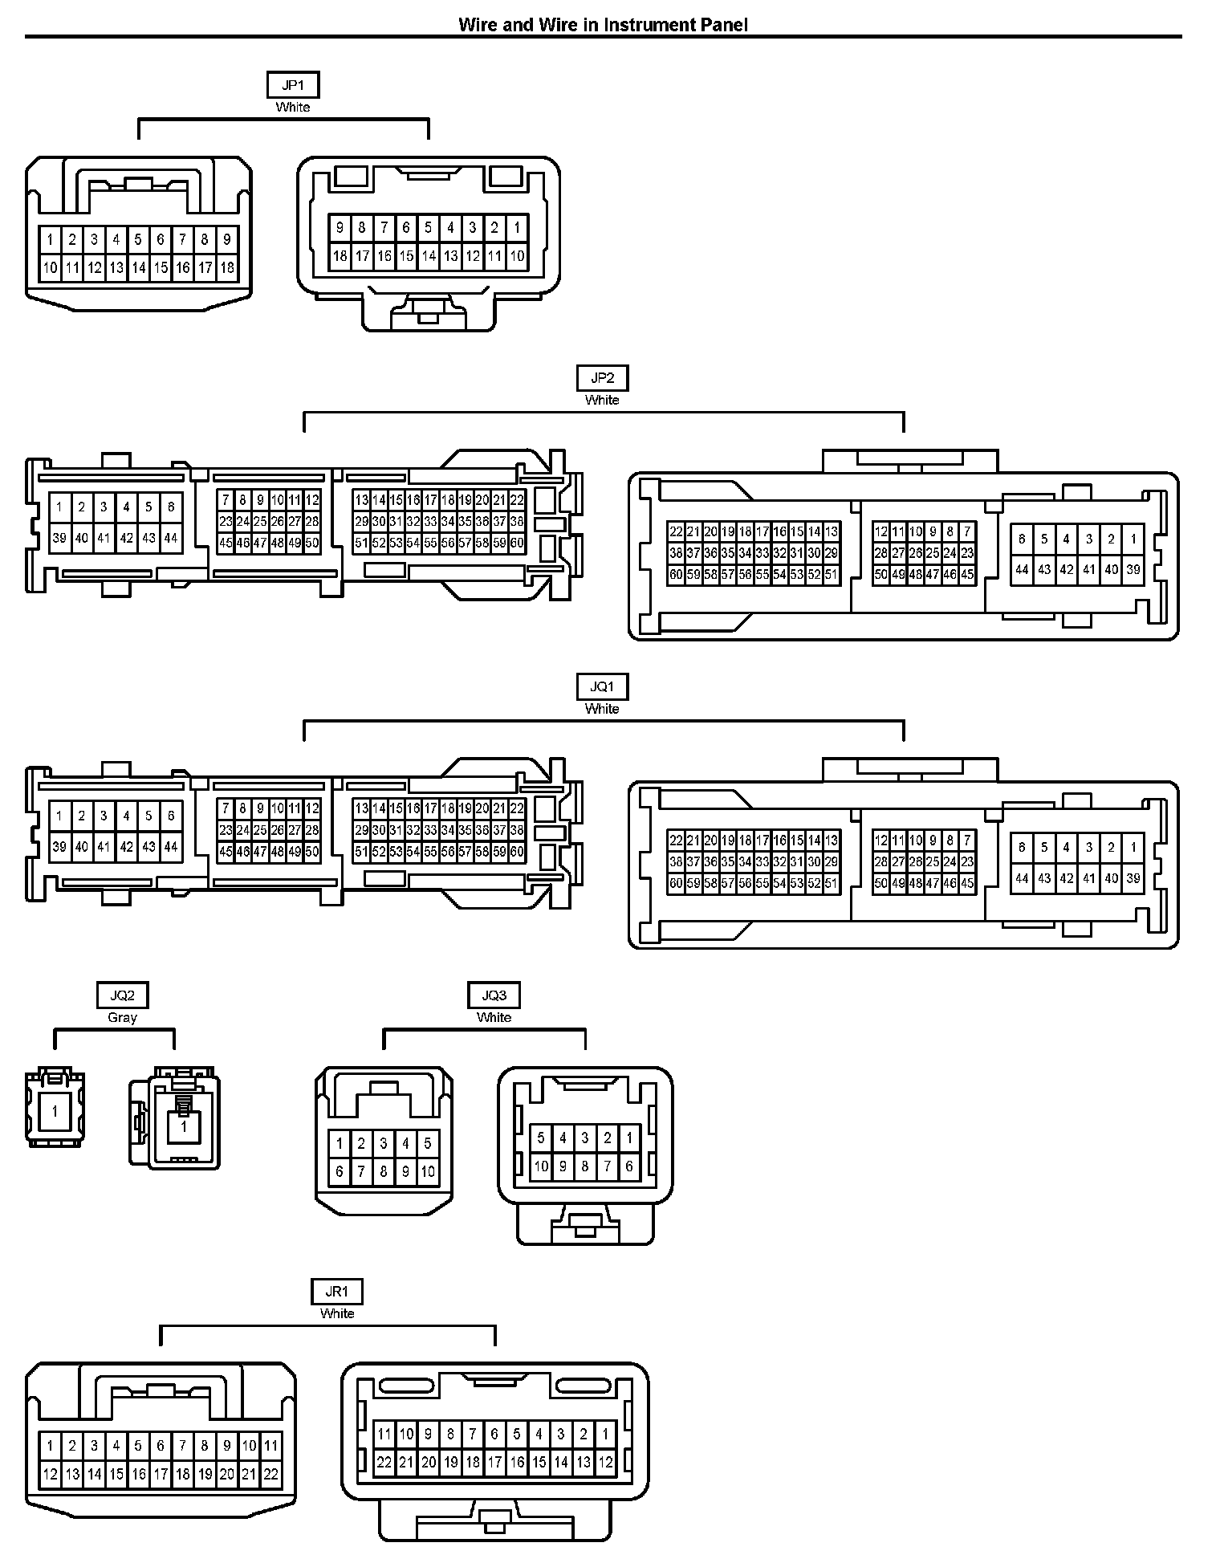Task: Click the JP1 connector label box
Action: pos(293,86)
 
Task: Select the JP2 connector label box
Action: pos(602,379)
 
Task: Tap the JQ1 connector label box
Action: pos(602,687)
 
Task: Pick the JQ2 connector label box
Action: pos(122,995)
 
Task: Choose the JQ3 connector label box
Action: pos(494,995)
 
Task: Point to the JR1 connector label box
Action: pos(336,1292)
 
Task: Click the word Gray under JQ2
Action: pos(122,1017)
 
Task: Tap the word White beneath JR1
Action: pos(336,1313)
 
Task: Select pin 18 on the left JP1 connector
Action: pos(227,267)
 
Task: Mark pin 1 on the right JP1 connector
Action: pos(517,228)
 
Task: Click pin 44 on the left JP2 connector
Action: pos(171,538)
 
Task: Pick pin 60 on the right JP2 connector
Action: pos(676,575)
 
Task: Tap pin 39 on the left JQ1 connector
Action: pos(59,846)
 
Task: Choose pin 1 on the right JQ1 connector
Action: pos(1133,847)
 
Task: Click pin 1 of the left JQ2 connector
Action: pos(55,1112)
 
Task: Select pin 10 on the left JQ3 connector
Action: pos(428,1172)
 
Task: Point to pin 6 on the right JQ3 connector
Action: pos(629,1166)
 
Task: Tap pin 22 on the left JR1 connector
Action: pos(271,1474)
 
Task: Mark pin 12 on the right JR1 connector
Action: pos(606,1463)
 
